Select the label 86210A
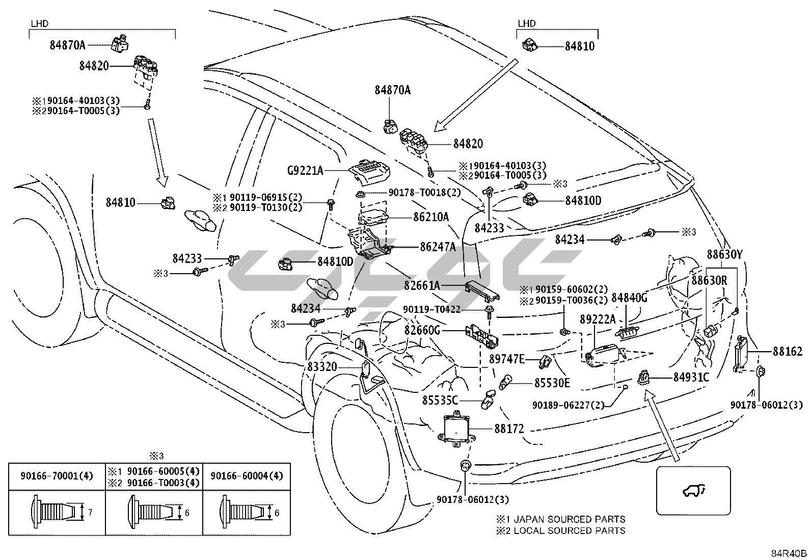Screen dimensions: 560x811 point(431,217)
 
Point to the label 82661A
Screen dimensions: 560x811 point(422,285)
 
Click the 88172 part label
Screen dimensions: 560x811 point(509,429)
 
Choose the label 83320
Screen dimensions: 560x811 point(322,366)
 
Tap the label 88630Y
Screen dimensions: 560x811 point(725,254)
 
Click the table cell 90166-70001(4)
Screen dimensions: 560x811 point(57,476)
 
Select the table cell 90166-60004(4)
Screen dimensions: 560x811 point(247,476)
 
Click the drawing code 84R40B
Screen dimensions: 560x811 point(789,553)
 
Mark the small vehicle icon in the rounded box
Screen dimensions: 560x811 point(693,491)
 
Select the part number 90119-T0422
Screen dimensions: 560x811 point(431,309)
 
